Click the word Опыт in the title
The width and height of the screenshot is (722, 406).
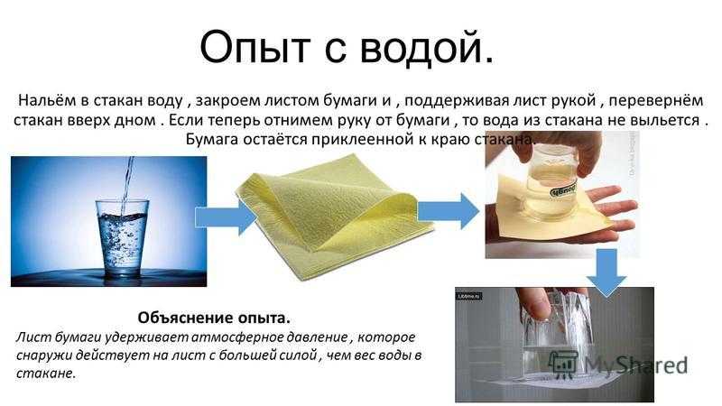click(255, 48)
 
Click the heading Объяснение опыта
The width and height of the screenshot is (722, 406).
click(214, 318)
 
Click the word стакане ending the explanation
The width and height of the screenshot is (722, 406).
click(46, 373)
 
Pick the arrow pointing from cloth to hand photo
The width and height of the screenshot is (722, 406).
click(449, 211)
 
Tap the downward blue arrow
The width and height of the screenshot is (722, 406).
click(606, 272)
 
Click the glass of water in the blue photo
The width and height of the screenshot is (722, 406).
click(122, 238)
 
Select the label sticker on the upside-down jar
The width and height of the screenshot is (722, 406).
click(562, 190)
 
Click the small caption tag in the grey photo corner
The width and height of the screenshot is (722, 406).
click(469, 296)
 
